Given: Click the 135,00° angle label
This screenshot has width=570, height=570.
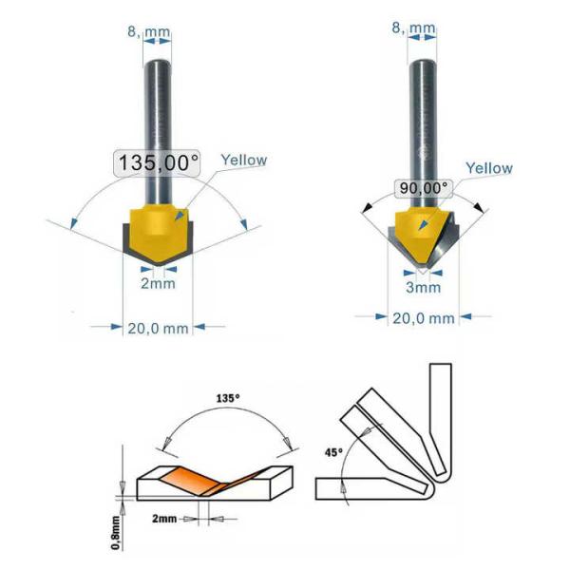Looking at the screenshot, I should click(158, 162).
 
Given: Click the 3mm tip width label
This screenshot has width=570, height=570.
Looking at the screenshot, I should click(423, 287).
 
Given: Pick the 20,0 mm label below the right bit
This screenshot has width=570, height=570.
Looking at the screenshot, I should click(424, 318).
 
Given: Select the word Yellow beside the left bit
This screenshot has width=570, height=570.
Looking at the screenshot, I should click(244, 161).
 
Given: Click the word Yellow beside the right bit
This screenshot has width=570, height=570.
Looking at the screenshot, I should click(489, 168).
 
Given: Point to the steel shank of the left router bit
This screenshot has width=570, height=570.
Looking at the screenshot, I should click(157, 104).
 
